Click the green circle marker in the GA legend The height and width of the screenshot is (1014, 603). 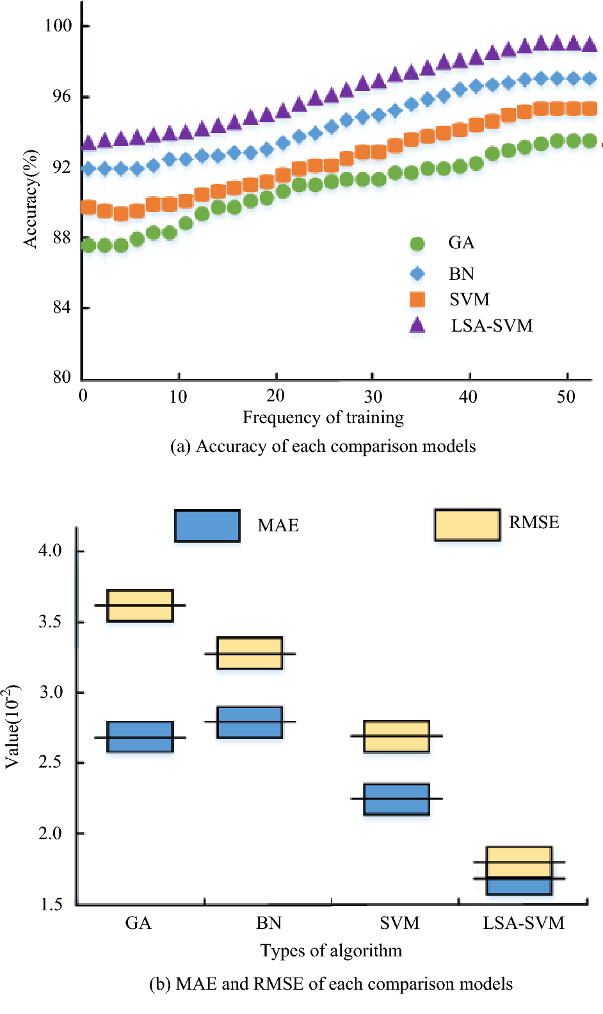tap(417, 244)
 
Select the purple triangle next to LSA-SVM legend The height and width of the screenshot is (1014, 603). tap(417, 325)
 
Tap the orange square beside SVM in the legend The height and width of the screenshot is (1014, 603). tap(417, 300)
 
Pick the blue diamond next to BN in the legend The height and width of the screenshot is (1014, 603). tap(417, 274)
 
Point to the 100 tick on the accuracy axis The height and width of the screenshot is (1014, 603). tap(58, 26)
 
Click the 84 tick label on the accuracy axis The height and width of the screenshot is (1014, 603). tap(61, 308)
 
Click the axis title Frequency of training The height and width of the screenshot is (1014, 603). tap(323, 418)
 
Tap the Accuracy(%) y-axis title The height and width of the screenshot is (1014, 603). tap(30, 198)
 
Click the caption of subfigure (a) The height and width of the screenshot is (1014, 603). tap(323, 446)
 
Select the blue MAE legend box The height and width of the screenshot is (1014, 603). tap(207, 526)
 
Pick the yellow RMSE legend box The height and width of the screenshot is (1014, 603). tap(467, 525)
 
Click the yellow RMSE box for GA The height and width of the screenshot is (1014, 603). tap(140, 606)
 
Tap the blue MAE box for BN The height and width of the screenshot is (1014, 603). tap(250, 722)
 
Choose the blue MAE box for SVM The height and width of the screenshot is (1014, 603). tap(396, 799)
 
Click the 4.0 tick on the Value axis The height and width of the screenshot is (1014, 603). tap(51, 551)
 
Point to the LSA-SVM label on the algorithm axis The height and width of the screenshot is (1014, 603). tap(524, 923)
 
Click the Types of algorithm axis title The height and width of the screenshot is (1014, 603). tap(331, 951)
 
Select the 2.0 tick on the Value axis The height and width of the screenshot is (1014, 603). tap(51, 833)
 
